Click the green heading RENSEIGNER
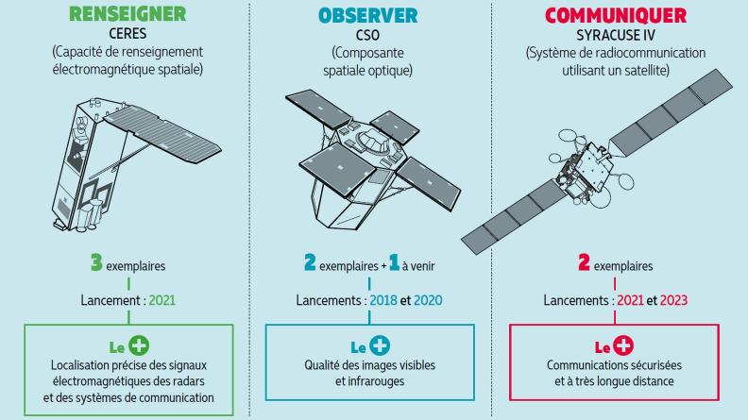click(x=127, y=14)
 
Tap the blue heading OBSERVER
click(x=367, y=16)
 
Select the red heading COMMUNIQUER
click(x=616, y=16)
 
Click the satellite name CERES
click(x=127, y=33)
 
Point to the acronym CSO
click(x=367, y=35)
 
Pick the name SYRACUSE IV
click(x=616, y=35)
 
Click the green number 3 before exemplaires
click(x=96, y=262)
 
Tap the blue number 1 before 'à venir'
click(x=394, y=262)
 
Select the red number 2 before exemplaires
click(x=584, y=262)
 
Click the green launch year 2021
click(x=162, y=300)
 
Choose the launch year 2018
click(x=383, y=300)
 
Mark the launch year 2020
click(x=428, y=300)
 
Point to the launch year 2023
click(x=673, y=300)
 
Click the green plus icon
click(x=139, y=345)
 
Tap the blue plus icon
click(x=381, y=345)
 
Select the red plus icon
click(x=623, y=345)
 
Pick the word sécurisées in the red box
click(x=656, y=365)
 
